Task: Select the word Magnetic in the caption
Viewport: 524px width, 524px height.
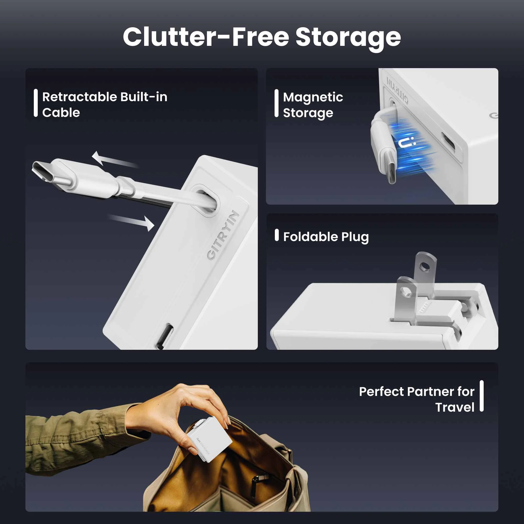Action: pyautogui.click(x=313, y=97)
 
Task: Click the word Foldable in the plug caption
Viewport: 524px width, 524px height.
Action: pyautogui.click(x=310, y=237)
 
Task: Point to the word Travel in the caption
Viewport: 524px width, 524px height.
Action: pyautogui.click(x=455, y=408)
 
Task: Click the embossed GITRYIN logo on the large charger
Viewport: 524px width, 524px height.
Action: pyautogui.click(x=223, y=234)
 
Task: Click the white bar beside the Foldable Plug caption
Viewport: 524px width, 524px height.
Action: pyautogui.click(x=277, y=235)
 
